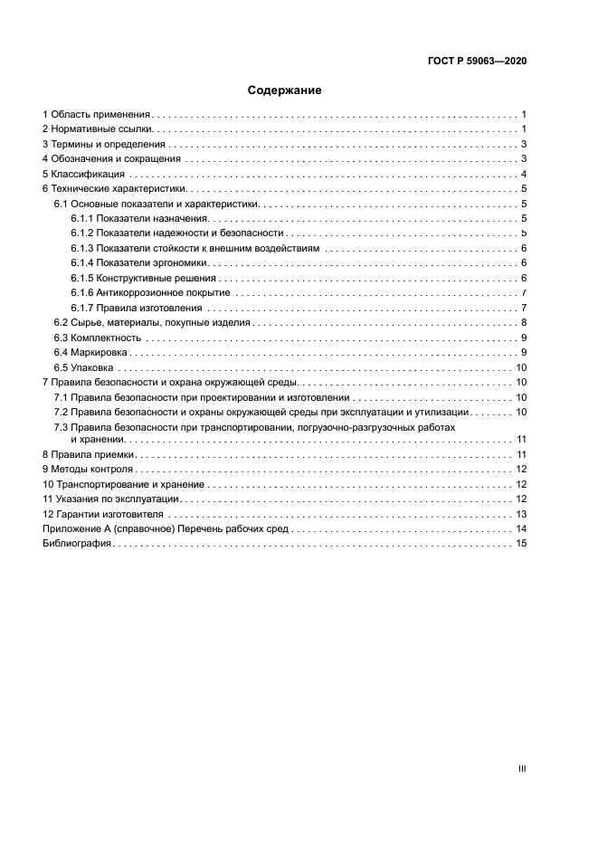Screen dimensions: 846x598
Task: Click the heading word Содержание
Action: pyautogui.click(x=285, y=90)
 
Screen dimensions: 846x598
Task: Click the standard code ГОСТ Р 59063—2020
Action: pyautogui.click(x=478, y=62)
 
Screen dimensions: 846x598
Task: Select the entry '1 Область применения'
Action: pyautogui.click(x=96, y=115)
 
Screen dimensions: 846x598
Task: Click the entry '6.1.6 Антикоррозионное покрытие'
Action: pyautogui.click(x=150, y=293)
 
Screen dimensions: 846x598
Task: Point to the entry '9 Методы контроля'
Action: pyautogui.click(x=88, y=470)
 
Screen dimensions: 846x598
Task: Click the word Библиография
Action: pyautogui.click(x=76, y=543)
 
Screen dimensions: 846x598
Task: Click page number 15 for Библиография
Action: pyautogui.click(x=521, y=543)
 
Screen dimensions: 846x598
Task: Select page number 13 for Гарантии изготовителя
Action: pyautogui.click(x=521, y=514)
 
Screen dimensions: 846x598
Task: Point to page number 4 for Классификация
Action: pyautogui.click(x=524, y=174)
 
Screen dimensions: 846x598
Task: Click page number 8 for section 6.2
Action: pyautogui.click(x=524, y=323)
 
